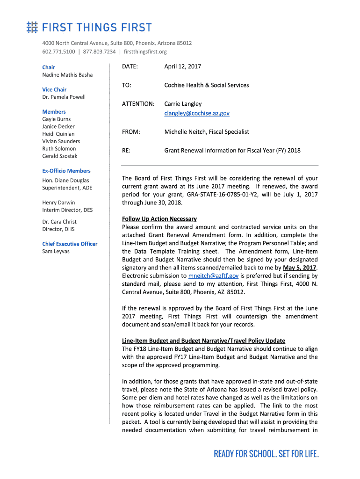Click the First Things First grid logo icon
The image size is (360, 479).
pyautogui.click(x=32, y=27)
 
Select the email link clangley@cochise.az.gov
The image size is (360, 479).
pyautogui.click(x=196, y=113)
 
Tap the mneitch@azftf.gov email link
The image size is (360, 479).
pyautogui.click(x=213, y=276)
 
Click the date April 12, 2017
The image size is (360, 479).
pyautogui.click(x=182, y=66)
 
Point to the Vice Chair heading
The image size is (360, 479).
pyautogui.click(x=54, y=89)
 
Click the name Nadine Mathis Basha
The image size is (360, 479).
pyautogui.click(x=67, y=75)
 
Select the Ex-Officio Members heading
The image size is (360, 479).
pyautogui.click(x=66, y=171)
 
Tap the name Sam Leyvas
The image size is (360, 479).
pyautogui.click(x=56, y=251)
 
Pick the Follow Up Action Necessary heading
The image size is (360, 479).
pyautogui.click(x=159, y=219)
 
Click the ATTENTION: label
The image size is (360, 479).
pyautogui.click(x=138, y=104)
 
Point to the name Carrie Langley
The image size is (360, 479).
pyautogui.click(x=183, y=104)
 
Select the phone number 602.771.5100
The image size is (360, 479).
pyautogui.click(x=58, y=51)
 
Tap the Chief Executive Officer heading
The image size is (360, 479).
pyautogui.click(x=70, y=244)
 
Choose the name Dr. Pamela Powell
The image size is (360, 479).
pyautogui.click(x=64, y=97)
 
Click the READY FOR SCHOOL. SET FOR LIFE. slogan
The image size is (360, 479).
pyautogui.click(x=266, y=454)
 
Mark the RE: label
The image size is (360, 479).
pyautogui.click(x=126, y=151)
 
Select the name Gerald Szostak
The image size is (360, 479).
pyautogui.click(x=60, y=156)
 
